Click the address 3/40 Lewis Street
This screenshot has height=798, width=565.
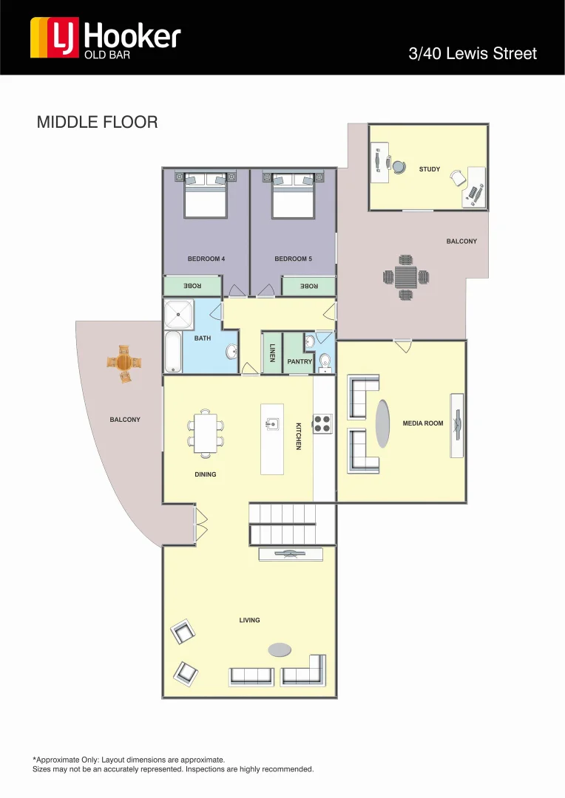[473, 54]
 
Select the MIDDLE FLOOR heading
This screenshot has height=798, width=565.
[97, 122]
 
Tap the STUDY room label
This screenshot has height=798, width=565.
[429, 169]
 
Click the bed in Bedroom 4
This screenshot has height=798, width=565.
[206, 196]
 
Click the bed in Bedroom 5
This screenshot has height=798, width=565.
[294, 196]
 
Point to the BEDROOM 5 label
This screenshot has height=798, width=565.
[294, 259]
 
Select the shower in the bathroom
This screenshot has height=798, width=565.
[178, 315]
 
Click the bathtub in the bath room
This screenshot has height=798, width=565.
[172, 352]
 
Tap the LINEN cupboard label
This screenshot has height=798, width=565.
[272, 352]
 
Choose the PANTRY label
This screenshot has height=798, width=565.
[300, 362]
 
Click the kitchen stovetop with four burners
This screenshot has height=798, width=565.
[322, 423]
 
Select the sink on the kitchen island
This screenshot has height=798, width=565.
[272, 423]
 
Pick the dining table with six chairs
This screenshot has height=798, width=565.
[206, 432]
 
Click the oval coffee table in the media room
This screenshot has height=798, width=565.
[382, 423]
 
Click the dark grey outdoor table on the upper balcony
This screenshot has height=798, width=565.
[405, 277]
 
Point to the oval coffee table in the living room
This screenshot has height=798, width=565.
[280, 649]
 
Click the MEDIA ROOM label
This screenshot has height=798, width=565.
[422, 423]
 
